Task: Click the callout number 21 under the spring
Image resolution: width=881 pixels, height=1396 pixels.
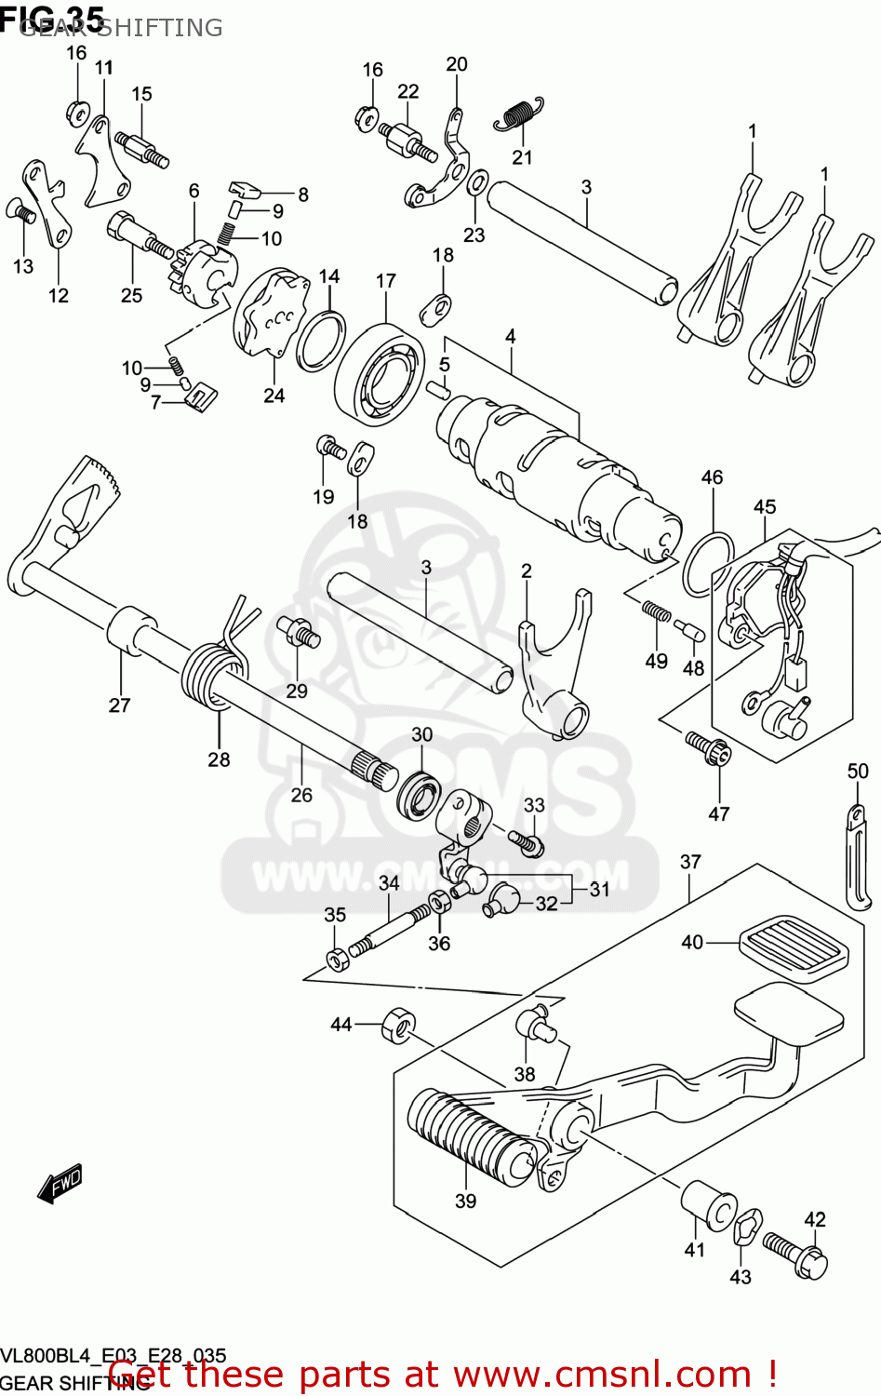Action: coord(522,157)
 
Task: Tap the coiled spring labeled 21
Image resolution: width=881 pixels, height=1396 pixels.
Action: coord(517,114)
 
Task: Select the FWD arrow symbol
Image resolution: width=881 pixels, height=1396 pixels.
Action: coord(60,1184)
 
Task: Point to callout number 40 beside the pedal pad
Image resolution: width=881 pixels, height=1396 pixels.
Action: coord(692,942)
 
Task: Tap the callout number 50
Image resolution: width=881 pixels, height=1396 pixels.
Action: coord(857,771)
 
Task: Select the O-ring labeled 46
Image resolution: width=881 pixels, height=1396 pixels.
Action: coord(709,564)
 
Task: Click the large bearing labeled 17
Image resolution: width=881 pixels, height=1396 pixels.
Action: coord(380,375)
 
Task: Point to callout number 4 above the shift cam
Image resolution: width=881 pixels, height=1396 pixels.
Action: coord(510,336)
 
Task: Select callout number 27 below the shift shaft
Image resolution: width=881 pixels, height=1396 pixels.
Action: coord(120,705)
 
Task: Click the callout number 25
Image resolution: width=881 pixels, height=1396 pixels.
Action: coord(131,295)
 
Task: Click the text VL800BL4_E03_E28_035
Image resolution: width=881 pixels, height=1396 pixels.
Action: coord(113,1356)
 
